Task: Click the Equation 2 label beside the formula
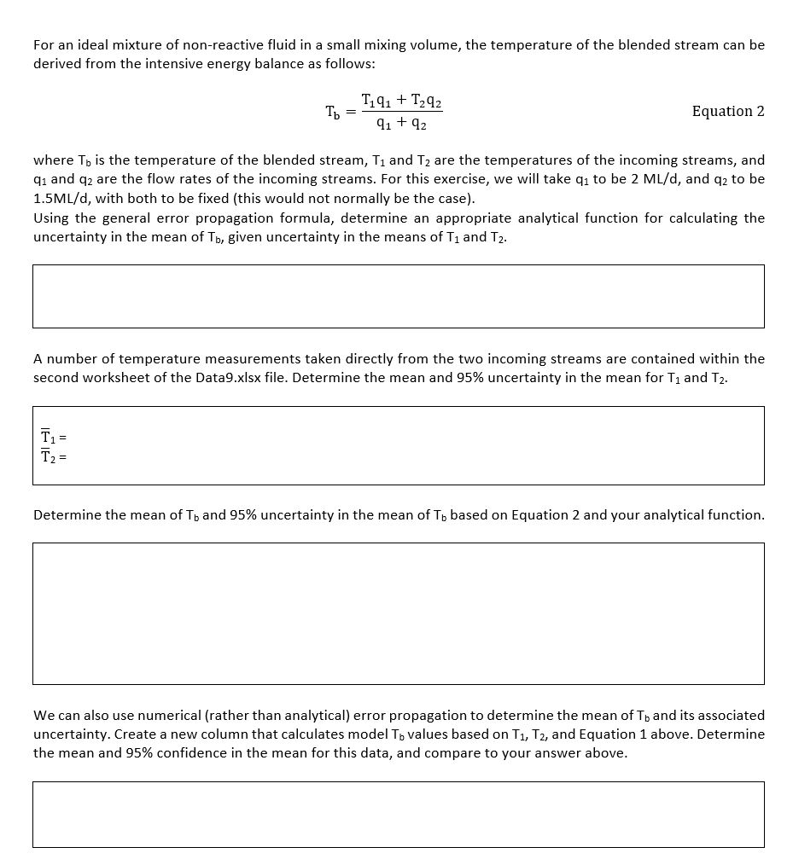[727, 112]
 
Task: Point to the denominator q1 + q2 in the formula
[401, 124]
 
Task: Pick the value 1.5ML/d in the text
[61, 199]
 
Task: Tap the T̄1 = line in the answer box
[53, 438]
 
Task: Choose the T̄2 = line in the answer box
[53, 456]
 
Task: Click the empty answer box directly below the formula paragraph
[398, 296]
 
